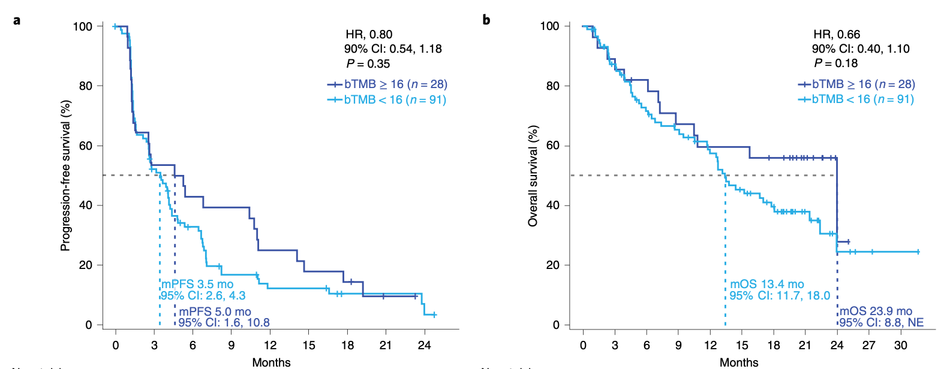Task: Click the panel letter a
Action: (17, 20)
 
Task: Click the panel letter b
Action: (486, 20)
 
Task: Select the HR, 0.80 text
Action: (369, 34)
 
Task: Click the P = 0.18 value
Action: (835, 63)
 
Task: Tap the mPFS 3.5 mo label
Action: (197, 284)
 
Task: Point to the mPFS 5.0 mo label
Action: (215, 311)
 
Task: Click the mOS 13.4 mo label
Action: (766, 284)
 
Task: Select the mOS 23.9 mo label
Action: (876, 311)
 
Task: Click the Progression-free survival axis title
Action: (65, 176)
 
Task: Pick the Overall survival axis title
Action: (533, 176)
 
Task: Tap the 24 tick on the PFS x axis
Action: (424, 345)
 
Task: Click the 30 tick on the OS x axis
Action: (900, 345)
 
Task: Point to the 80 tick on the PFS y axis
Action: (86, 86)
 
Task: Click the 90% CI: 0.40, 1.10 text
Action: (861, 49)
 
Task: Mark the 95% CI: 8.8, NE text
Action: (881, 323)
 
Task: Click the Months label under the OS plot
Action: (739, 362)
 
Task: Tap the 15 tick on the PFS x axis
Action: (309, 345)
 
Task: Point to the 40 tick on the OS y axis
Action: (553, 205)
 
